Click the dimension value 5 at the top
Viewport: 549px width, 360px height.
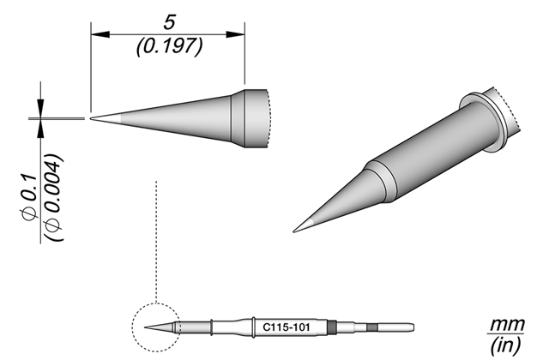coord(169,22)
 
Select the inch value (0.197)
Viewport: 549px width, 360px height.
coord(170,46)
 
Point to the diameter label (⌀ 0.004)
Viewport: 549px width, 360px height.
coord(54,197)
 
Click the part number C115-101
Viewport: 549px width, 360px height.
coord(287,327)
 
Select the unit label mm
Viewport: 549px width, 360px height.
coord(507,325)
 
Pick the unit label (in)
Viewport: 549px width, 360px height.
coord(506,345)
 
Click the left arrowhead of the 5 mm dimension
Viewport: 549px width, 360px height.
coord(100,34)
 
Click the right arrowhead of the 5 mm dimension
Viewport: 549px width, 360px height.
coord(235,34)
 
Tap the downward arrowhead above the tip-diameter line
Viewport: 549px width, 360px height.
coord(41,108)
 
